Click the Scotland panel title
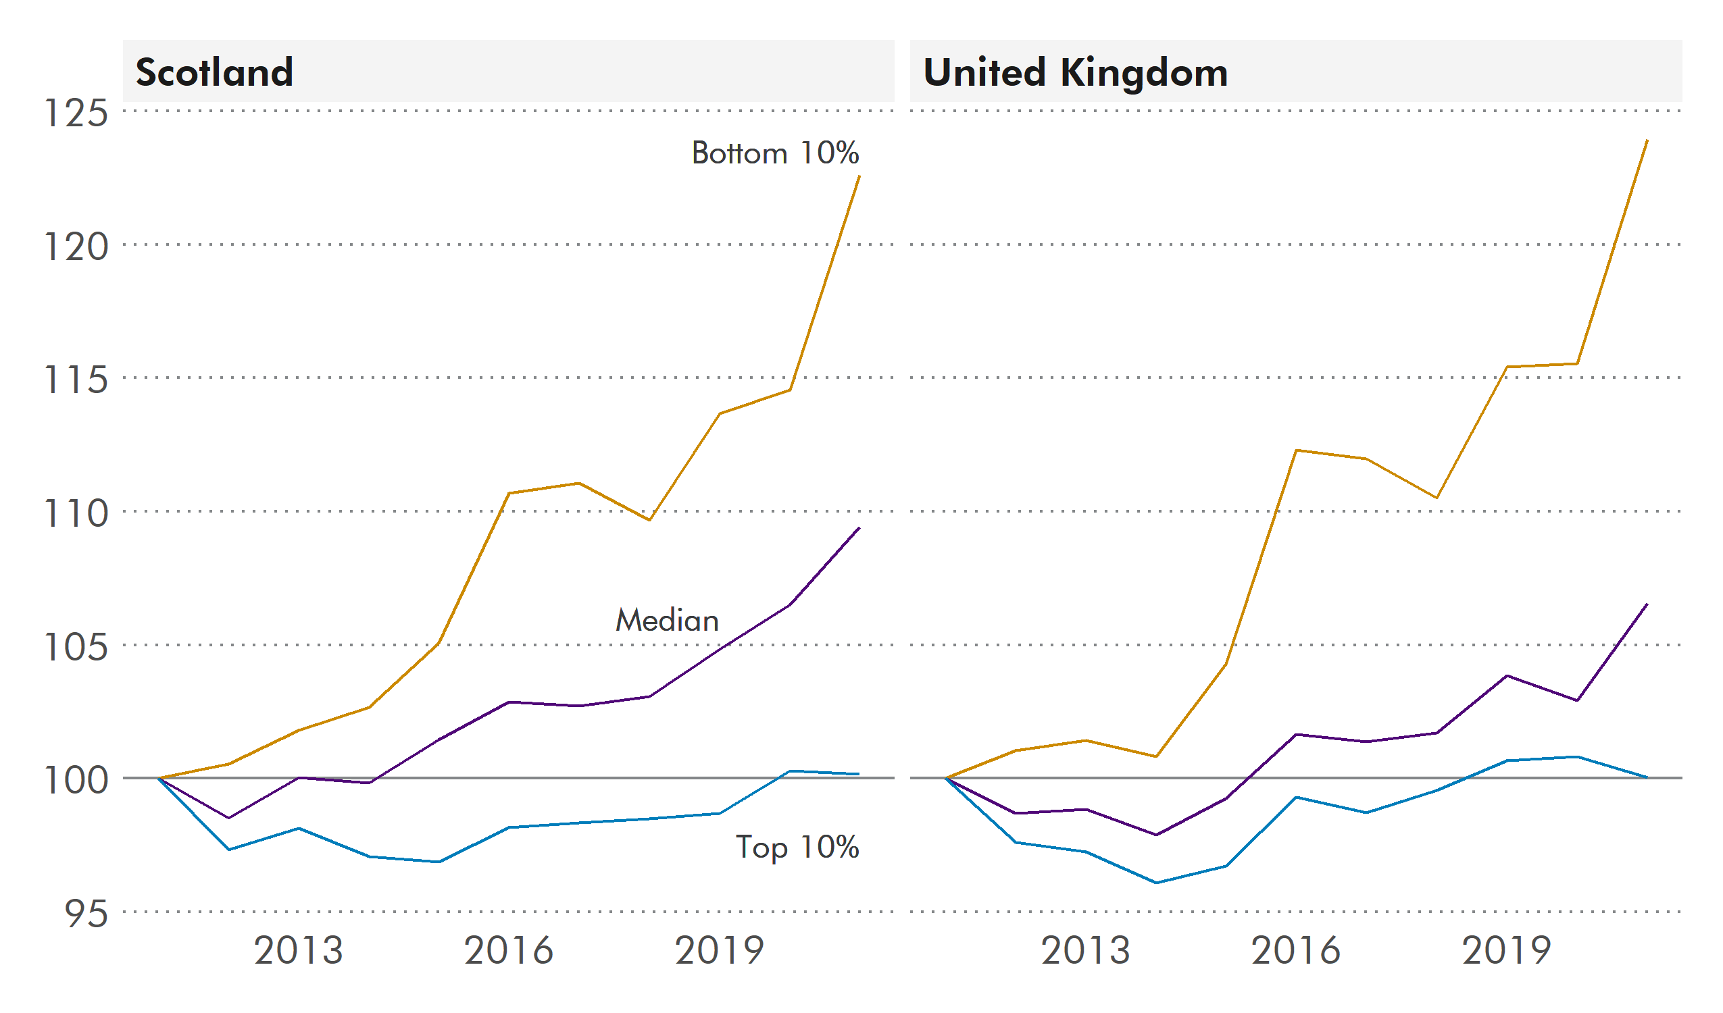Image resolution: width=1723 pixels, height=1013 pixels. pyautogui.click(x=214, y=72)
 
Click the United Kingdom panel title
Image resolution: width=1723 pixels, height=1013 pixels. pyautogui.click(x=1075, y=72)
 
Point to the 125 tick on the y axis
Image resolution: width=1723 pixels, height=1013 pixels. pyautogui.click(x=75, y=113)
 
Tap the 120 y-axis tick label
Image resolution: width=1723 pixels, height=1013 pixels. pyautogui.click(x=75, y=246)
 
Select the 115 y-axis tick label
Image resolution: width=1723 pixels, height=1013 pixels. pyautogui.click(x=75, y=380)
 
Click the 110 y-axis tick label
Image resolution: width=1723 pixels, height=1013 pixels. pyautogui.click(x=75, y=513)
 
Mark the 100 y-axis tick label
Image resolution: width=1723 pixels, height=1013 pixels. pyautogui.click(x=75, y=780)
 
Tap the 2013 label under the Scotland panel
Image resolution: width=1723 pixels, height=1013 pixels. pyautogui.click(x=298, y=950)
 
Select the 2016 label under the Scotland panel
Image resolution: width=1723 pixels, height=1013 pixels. pyautogui.click(x=509, y=950)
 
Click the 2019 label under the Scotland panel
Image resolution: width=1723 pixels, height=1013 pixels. pyautogui.click(x=720, y=950)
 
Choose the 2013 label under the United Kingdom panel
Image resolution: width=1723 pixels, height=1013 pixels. pyautogui.click(x=1086, y=950)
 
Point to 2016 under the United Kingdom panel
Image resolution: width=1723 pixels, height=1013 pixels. pyautogui.click(x=1297, y=950)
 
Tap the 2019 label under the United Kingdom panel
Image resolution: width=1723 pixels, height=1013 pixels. pyautogui.click(x=1507, y=950)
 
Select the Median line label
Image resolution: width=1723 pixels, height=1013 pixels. pyautogui.click(x=667, y=621)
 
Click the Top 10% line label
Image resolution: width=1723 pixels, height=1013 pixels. pyautogui.click(x=797, y=848)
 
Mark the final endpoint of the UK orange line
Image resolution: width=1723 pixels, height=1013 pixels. pyautogui.click(x=1647, y=140)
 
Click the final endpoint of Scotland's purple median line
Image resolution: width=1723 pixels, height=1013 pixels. pyautogui.click(x=859, y=527)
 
